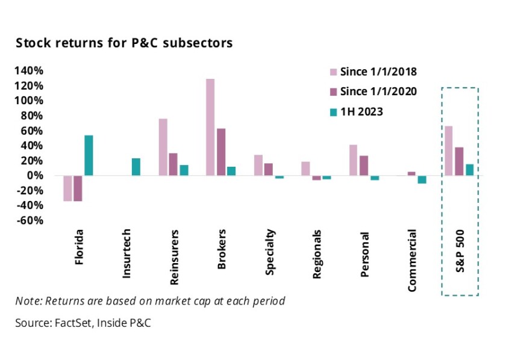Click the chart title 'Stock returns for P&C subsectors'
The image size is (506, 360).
pyautogui.click(x=123, y=43)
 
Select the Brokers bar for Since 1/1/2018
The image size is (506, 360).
pyautogui.click(x=210, y=127)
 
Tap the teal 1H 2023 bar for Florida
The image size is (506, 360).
pyautogui.click(x=89, y=155)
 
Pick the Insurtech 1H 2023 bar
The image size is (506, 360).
pyautogui.click(x=136, y=167)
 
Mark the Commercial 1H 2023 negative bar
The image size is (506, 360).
pyautogui.click(x=422, y=179)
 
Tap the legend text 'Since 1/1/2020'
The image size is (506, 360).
pyautogui.click(x=378, y=92)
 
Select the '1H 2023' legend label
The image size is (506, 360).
pyautogui.click(x=361, y=111)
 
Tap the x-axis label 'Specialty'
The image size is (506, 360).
pyautogui.click(x=270, y=252)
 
